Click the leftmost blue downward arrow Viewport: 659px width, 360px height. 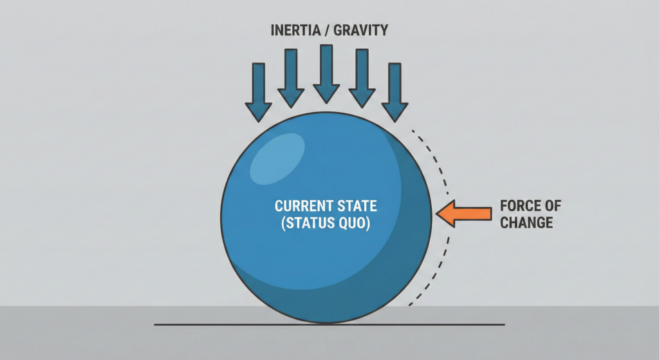click(259, 92)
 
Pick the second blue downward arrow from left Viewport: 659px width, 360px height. click(291, 78)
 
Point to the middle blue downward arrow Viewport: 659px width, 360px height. click(326, 73)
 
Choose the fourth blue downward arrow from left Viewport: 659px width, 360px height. click(362, 78)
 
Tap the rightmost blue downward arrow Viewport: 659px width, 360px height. click(394, 92)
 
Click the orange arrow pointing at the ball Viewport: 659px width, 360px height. click(463, 213)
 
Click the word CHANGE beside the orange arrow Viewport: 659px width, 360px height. click(526, 223)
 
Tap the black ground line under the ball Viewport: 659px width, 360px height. click(193, 325)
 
